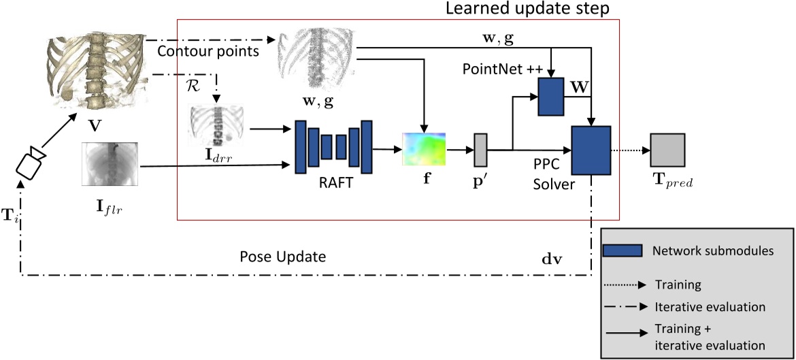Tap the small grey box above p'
click(481, 150)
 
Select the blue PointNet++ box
click(550, 96)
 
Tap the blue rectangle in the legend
click(623, 250)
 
